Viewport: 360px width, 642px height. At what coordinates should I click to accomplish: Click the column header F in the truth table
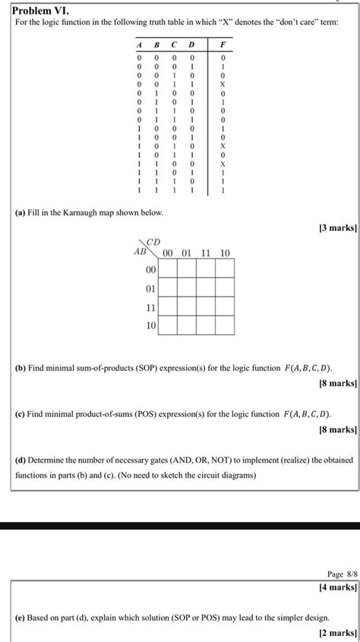click(223, 44)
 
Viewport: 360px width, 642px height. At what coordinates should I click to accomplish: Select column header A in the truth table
click(139, 44)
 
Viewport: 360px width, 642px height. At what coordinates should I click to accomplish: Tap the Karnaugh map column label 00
click(168, 252)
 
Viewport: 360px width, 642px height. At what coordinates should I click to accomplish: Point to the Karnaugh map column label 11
click(206, 252)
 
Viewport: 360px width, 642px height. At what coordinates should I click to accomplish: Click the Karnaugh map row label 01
click(149, 289)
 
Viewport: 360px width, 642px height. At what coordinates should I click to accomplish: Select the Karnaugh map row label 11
click(149, 308)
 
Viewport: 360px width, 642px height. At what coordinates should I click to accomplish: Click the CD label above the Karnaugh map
click(153, 242)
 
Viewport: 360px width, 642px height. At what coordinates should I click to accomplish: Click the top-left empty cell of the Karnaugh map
click(168, 270)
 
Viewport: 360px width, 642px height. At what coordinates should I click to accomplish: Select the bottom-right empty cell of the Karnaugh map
click(224, 327)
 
